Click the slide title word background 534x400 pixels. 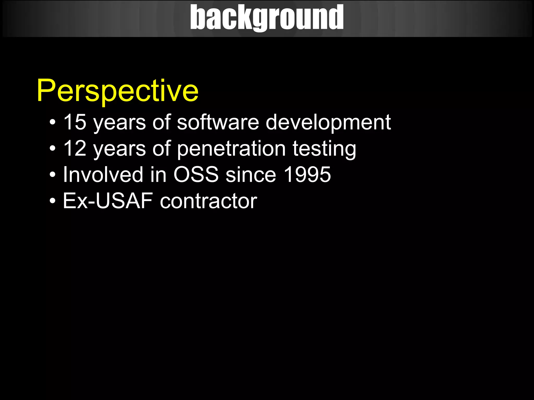(267, 18)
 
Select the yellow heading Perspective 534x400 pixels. (118, 91)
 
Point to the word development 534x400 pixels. (328, 122)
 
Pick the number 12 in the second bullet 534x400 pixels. (75, 148)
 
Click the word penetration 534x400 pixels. (231, 149)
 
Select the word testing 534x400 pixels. (324, 149)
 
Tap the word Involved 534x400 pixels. (103, 174)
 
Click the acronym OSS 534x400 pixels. (196, 174)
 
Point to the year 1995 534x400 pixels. (307, 174)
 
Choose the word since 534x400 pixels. (251, 174)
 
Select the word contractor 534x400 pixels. (208, 201)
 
